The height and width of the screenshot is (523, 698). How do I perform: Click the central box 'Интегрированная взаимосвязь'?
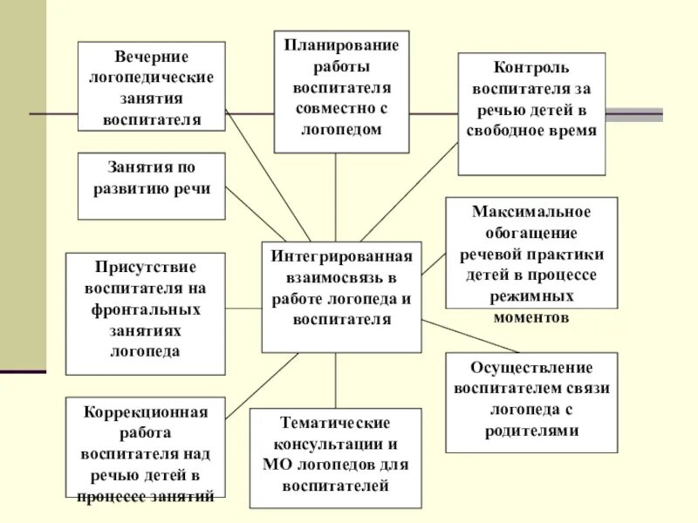(x=341, y=296)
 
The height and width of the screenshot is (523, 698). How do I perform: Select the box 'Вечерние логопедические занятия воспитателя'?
(x=151, y=85)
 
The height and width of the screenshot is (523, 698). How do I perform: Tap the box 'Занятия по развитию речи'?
(x=151, y=186)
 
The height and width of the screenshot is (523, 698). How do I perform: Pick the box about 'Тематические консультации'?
(x=335, y=457)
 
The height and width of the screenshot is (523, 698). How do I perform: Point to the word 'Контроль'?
(x=531, y=67)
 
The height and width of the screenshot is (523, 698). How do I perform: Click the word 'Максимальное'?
(x=531, y=212)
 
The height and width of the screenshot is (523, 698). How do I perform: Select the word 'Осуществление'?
(x=531, y=367)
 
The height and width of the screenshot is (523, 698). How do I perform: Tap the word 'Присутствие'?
(x=145, y=267)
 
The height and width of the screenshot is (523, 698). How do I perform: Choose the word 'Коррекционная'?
(x=145, y=411)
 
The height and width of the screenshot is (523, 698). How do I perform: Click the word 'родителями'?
(x=531, y=431)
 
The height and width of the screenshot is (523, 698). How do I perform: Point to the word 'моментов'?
(x=531, y=316)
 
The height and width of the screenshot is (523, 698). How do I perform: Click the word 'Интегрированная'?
(x=341, y=259)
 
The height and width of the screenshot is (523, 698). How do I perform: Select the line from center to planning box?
(x=336, y=197)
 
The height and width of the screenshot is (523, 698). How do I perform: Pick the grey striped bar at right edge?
(x=634, y=114)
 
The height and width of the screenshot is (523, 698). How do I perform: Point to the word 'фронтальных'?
(x=145, y=309)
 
